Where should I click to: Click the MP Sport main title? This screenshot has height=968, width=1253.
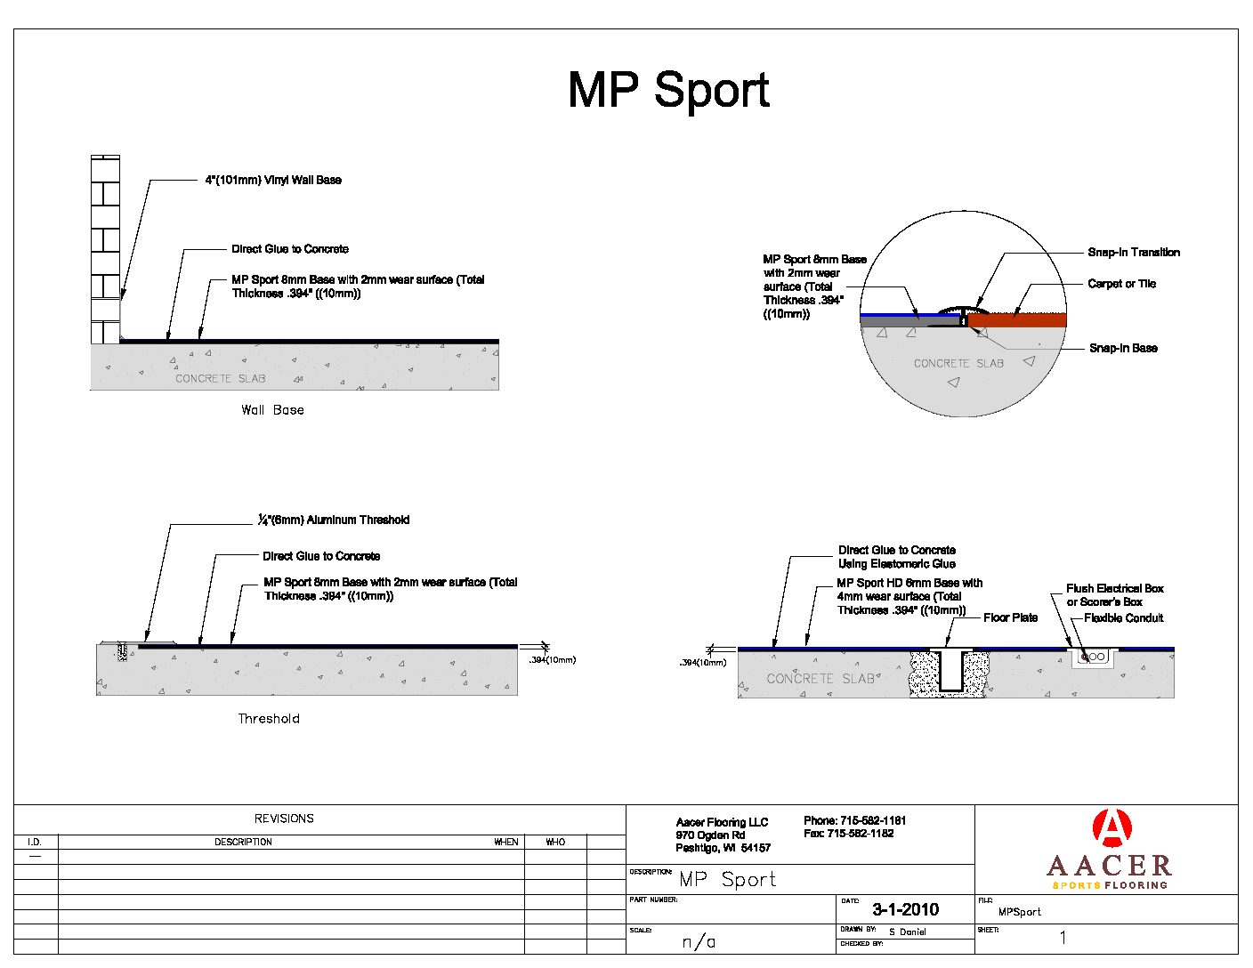coord(668,90)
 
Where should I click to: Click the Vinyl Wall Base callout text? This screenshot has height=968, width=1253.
coord(273,180)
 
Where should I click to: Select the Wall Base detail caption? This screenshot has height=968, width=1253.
coord(272,410)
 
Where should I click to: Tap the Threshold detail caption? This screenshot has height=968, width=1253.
coord(269,719)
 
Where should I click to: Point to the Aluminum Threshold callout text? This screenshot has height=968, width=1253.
coord(334,520)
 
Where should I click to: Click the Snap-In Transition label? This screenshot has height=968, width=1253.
coord(1133,253)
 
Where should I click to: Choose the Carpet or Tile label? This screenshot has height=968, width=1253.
coord(1121,284)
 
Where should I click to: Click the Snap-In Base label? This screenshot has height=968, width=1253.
coord(1123,348)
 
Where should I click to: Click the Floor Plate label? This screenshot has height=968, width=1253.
coord(1010,617)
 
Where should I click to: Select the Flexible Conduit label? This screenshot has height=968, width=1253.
coord(1123,617)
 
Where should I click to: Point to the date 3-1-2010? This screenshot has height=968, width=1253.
coord(905,909)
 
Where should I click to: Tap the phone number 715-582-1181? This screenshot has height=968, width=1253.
coord(854,820)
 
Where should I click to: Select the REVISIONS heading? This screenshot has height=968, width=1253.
coord(284,819)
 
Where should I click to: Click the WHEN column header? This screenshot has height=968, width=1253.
coord(506,842)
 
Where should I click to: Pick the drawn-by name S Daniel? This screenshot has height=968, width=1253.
coord(907,932)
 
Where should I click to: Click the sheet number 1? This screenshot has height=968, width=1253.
coord(1063,938)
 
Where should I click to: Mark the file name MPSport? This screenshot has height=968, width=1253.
coord(1019,912)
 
